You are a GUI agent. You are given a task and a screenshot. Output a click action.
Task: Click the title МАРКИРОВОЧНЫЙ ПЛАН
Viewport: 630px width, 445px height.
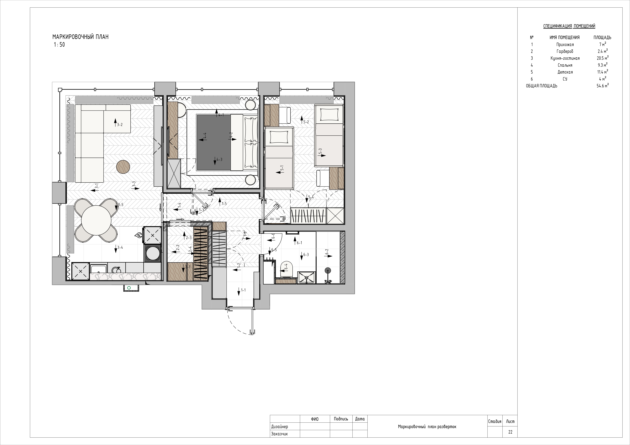coord(80,37)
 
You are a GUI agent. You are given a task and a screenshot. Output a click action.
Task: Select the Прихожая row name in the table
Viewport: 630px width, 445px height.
coord(565,44)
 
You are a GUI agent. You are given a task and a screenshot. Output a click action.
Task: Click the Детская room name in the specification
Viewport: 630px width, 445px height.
coord(565,72)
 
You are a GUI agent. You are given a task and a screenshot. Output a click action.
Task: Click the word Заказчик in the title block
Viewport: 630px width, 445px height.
coord(279,434)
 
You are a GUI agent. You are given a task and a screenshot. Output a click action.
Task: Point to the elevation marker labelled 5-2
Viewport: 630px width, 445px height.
coord(304,120)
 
